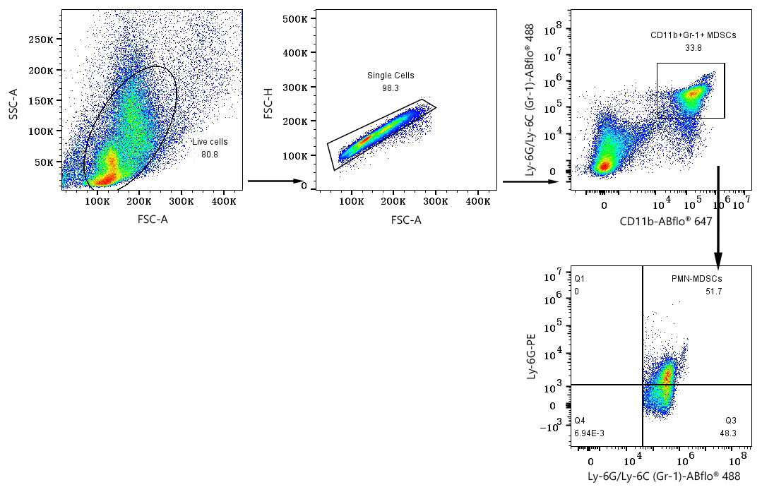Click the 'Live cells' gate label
(210, 142)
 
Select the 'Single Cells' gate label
(391, 76)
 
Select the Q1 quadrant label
(580, 279)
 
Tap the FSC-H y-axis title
(269, 102)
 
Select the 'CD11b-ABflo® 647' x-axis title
(665, 222)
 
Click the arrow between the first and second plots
(275, 181)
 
